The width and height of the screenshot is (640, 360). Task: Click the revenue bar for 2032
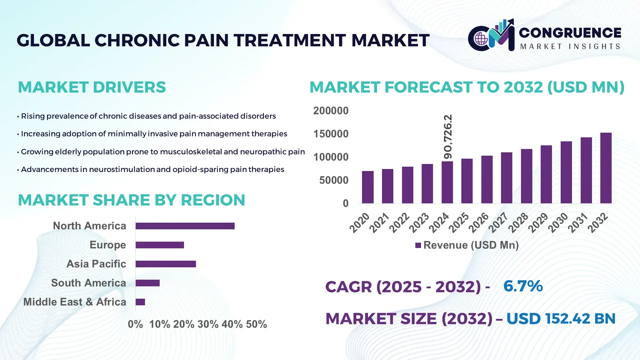coord(606,168)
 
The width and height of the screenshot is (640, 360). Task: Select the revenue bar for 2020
coord(368,187)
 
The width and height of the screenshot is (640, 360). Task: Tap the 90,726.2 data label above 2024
coord(448,137)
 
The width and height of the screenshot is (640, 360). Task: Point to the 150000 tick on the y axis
coord(331,134)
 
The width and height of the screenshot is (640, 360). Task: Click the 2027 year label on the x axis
coord(498,223)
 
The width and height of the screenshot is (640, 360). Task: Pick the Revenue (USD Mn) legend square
coord(418,245)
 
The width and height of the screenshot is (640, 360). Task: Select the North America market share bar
coord(185,226)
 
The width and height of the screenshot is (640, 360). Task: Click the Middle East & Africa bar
coord(140,302)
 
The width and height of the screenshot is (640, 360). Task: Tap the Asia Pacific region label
coord(96,264)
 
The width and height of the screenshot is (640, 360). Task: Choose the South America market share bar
coord(148,283)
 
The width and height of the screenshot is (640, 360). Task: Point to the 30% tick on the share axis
coord(208,324)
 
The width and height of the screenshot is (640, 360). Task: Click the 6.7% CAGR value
coord(523,286)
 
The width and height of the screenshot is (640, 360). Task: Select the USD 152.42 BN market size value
coord(561,319)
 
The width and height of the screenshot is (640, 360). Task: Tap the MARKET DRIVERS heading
coord(92,87)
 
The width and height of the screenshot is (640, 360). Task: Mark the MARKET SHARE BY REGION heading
coord(131,200)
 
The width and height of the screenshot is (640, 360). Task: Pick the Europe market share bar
coord(160,245)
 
